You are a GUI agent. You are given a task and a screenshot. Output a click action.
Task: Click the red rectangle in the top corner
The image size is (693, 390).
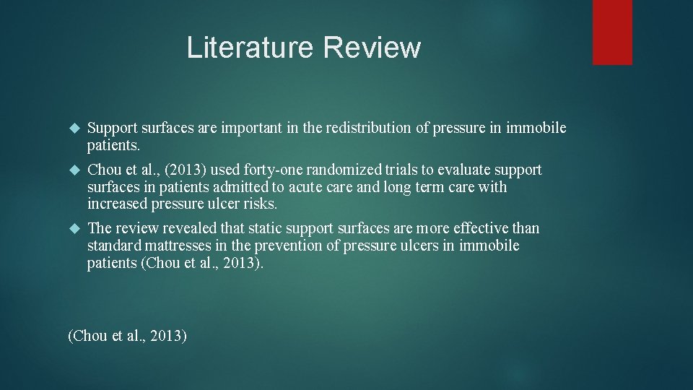tap(612, 32)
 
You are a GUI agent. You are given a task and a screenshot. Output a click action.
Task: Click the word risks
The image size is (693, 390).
tap(259, 204)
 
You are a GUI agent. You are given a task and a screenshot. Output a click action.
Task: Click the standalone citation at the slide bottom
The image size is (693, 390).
tap(127, 336)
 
